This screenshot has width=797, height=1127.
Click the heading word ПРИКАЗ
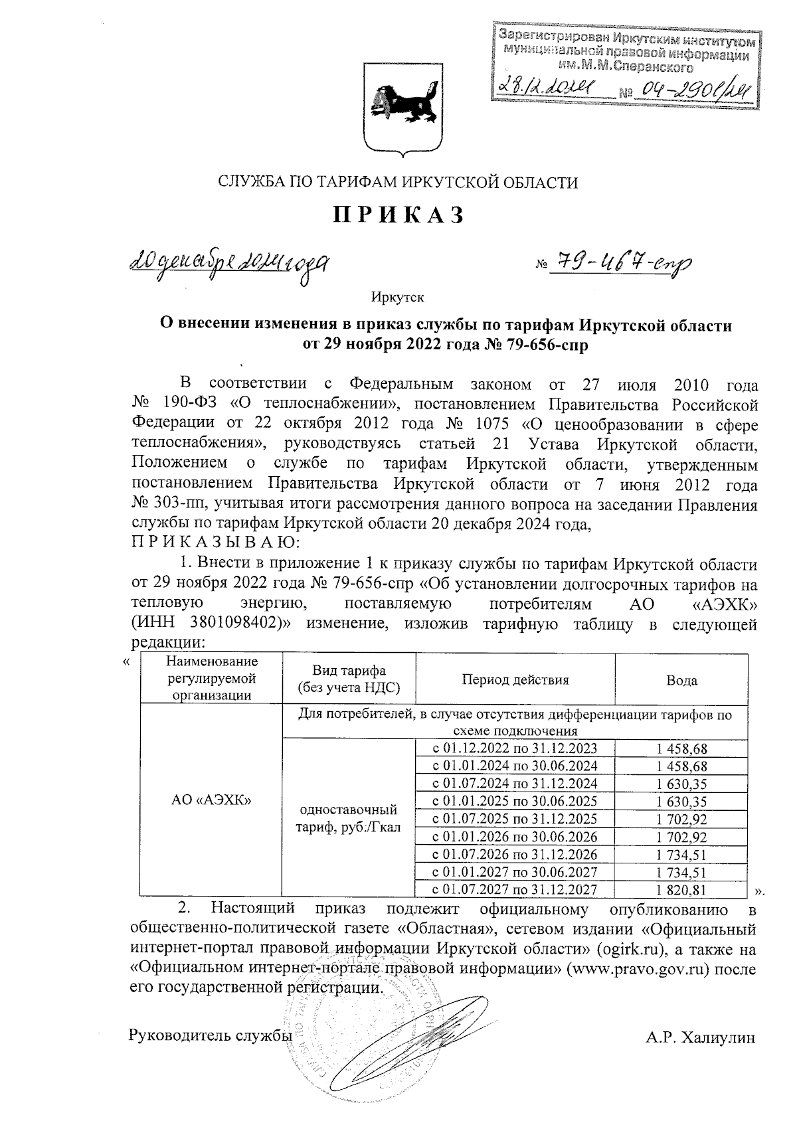[x=397, y=215]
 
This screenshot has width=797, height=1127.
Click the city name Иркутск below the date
[x=397, y=297]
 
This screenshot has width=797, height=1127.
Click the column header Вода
[x=681, y=680]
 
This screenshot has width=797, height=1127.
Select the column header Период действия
[x=515, y=680]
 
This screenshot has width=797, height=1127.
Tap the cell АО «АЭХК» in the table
[x=211, y=800]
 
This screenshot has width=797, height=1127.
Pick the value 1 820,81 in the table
[x=681, y=890]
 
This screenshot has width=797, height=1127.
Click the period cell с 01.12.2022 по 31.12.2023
[x=515, y=748]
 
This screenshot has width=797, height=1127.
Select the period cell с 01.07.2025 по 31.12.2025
[x=515, y=818]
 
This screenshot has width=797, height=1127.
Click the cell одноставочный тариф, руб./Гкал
[x=349, y=818]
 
